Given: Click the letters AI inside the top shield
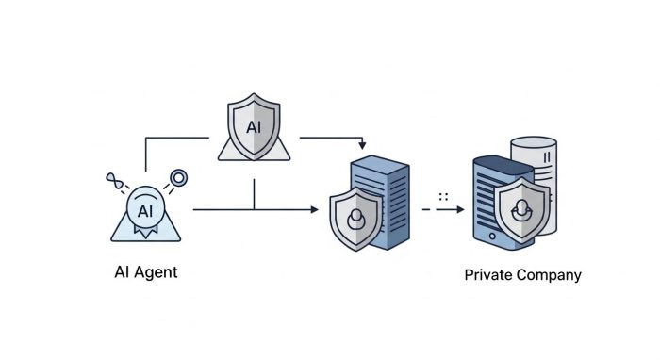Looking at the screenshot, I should click(x=254, y=126).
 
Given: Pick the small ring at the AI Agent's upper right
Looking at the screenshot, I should click(x=175, y=176).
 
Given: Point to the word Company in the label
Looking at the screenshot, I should click(x=551, y=276).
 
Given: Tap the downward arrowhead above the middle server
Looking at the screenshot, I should click(x=362, y=146).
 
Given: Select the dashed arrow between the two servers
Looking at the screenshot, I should click(x=443, y=210).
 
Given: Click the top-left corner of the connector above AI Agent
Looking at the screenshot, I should click(x=146, y=139).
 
